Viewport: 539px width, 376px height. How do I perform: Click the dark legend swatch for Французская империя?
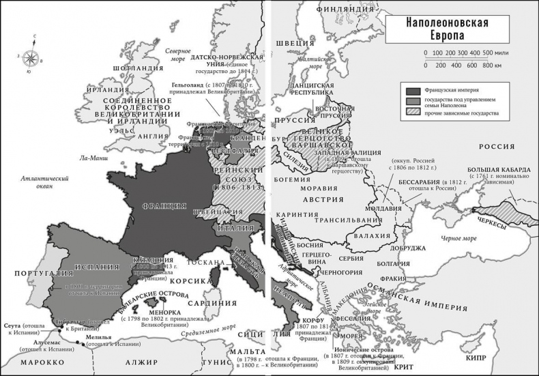click(x=413, y=90)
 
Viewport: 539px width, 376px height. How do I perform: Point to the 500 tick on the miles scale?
click(x=487, y=53)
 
